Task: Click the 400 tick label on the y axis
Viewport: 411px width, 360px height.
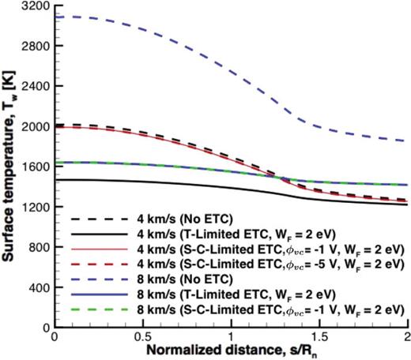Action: (37, 287)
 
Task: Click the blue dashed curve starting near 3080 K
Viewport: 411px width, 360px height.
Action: (55, 17)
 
